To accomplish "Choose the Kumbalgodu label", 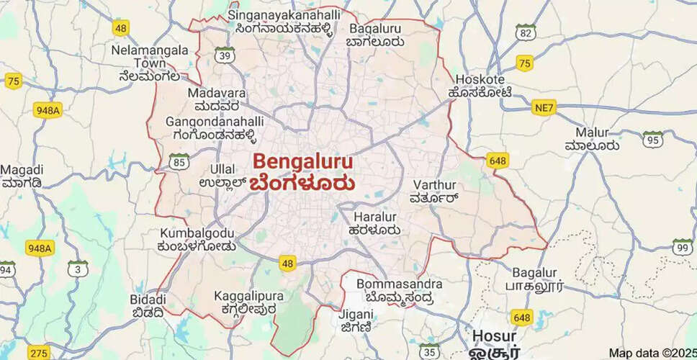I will pyautogui.click(x=197, y=233).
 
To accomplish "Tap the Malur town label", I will pyautogui.click(x=592, y=132).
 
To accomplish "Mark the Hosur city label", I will pyautogui.click(x=495, y=336).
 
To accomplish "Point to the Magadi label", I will pyautogui.click(x=22, y=170).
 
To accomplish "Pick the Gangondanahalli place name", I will pyautogui.click(x=215, y=122).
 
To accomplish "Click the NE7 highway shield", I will pyautogui.click(x=544, y=108).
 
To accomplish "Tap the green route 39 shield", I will pyautogui.click(x=226, y=55).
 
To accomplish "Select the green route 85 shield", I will pyautogui.click(x=179, y=161).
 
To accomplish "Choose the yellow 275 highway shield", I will pyautogui.click(x=39, y=353).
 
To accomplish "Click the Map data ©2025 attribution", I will pyautogui.click(x=652, y=353).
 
